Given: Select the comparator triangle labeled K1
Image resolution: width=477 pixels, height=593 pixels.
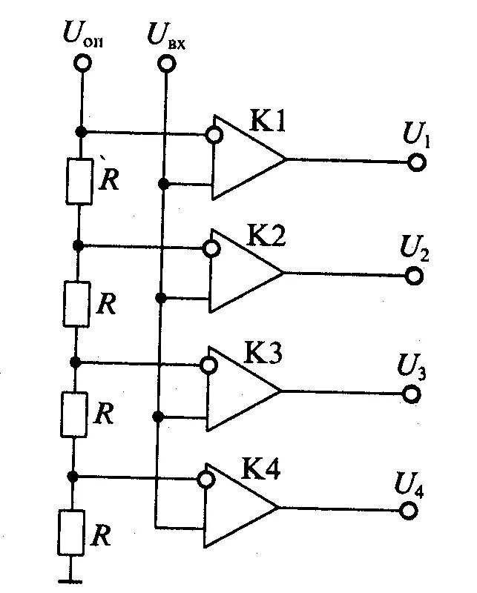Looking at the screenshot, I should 245,157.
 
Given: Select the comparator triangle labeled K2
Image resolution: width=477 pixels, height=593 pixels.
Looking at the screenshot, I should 243,271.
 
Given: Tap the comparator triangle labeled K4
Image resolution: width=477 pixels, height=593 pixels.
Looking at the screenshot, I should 238,507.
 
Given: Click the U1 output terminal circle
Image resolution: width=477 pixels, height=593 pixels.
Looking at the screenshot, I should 416,162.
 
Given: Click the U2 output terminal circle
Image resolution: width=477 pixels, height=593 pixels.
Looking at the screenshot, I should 414,276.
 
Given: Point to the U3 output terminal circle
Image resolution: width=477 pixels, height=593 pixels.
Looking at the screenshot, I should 411,393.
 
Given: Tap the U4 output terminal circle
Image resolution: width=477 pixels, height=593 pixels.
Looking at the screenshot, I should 408,511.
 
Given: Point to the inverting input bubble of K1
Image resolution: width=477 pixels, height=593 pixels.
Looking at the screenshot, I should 214,135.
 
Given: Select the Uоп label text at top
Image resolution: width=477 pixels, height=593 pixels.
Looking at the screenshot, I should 84,36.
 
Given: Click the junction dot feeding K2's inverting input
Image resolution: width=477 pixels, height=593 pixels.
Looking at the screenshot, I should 78,245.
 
